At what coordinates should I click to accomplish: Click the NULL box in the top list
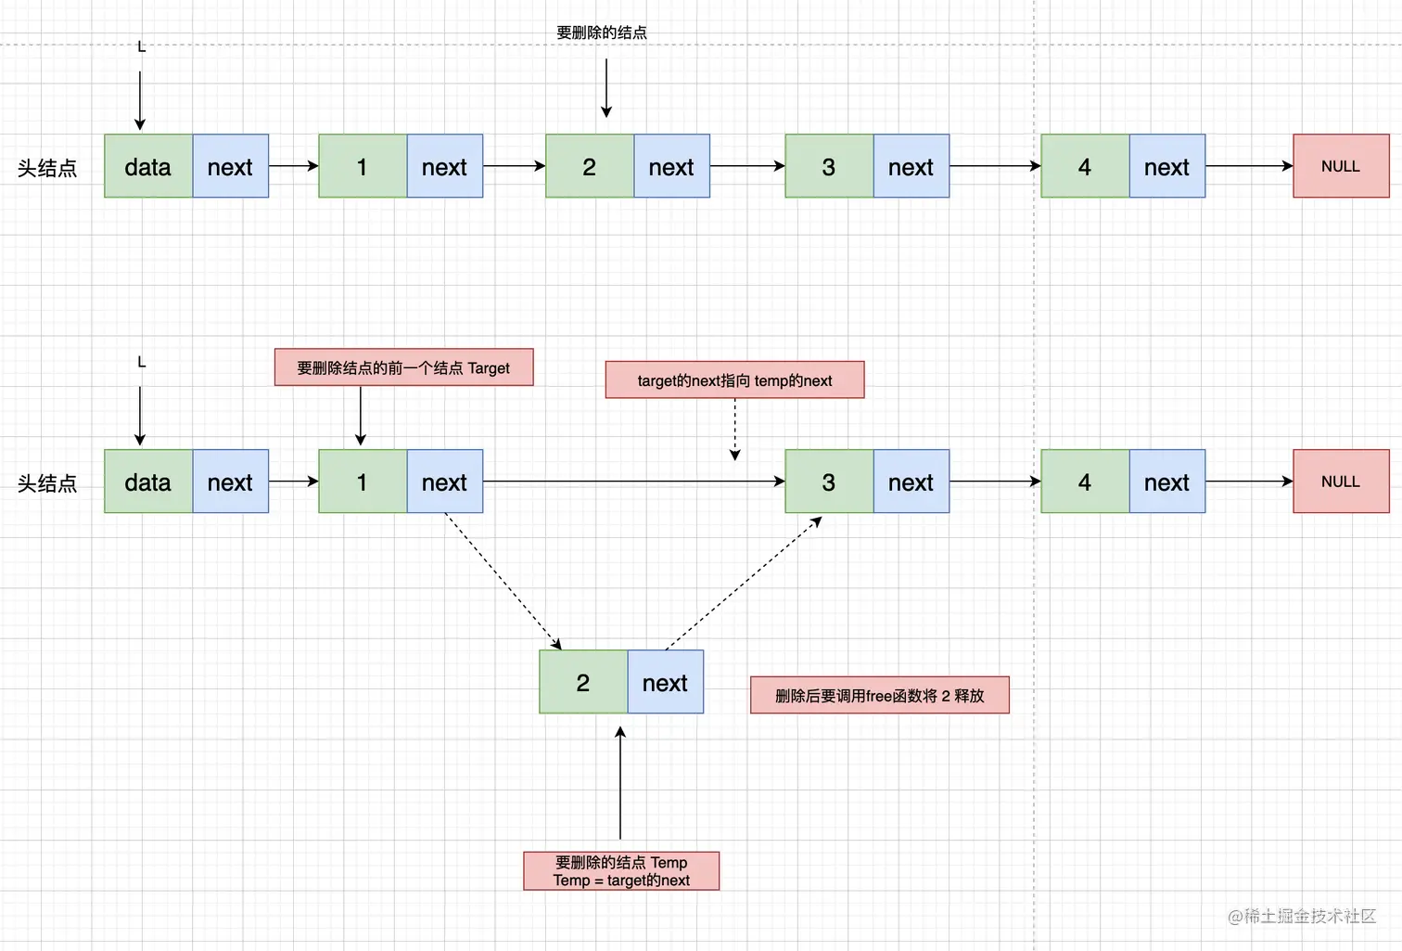point(1341,166)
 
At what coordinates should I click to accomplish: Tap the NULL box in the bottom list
point(1341,482)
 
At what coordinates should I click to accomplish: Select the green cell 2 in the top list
point(590,167)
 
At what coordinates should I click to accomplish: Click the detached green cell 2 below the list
point(583,683)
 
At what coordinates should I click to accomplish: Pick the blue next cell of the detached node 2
point(665,683)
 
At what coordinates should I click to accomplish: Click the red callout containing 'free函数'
point(879,696)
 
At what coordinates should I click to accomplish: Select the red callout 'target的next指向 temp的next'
point(734,380)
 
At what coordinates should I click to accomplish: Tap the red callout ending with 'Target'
point(403,367)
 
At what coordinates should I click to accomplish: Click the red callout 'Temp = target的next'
point(621,871)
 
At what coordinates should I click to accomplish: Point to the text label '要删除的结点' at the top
point(602,32)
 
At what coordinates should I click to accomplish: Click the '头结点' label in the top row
point(47,168)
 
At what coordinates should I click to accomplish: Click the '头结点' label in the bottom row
point(47,483)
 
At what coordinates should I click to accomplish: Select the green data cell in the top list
point(148,167)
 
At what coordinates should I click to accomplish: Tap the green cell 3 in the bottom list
point(829,482)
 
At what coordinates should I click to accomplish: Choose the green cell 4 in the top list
point(1085,167)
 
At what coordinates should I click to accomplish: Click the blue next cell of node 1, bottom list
point(444,482)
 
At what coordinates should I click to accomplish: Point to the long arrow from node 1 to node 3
point(631,482)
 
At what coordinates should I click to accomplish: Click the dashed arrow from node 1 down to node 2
point(503,581)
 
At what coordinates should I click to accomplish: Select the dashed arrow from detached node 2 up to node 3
point(745,583)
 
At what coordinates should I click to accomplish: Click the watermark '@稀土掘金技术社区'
point(1302,916)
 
